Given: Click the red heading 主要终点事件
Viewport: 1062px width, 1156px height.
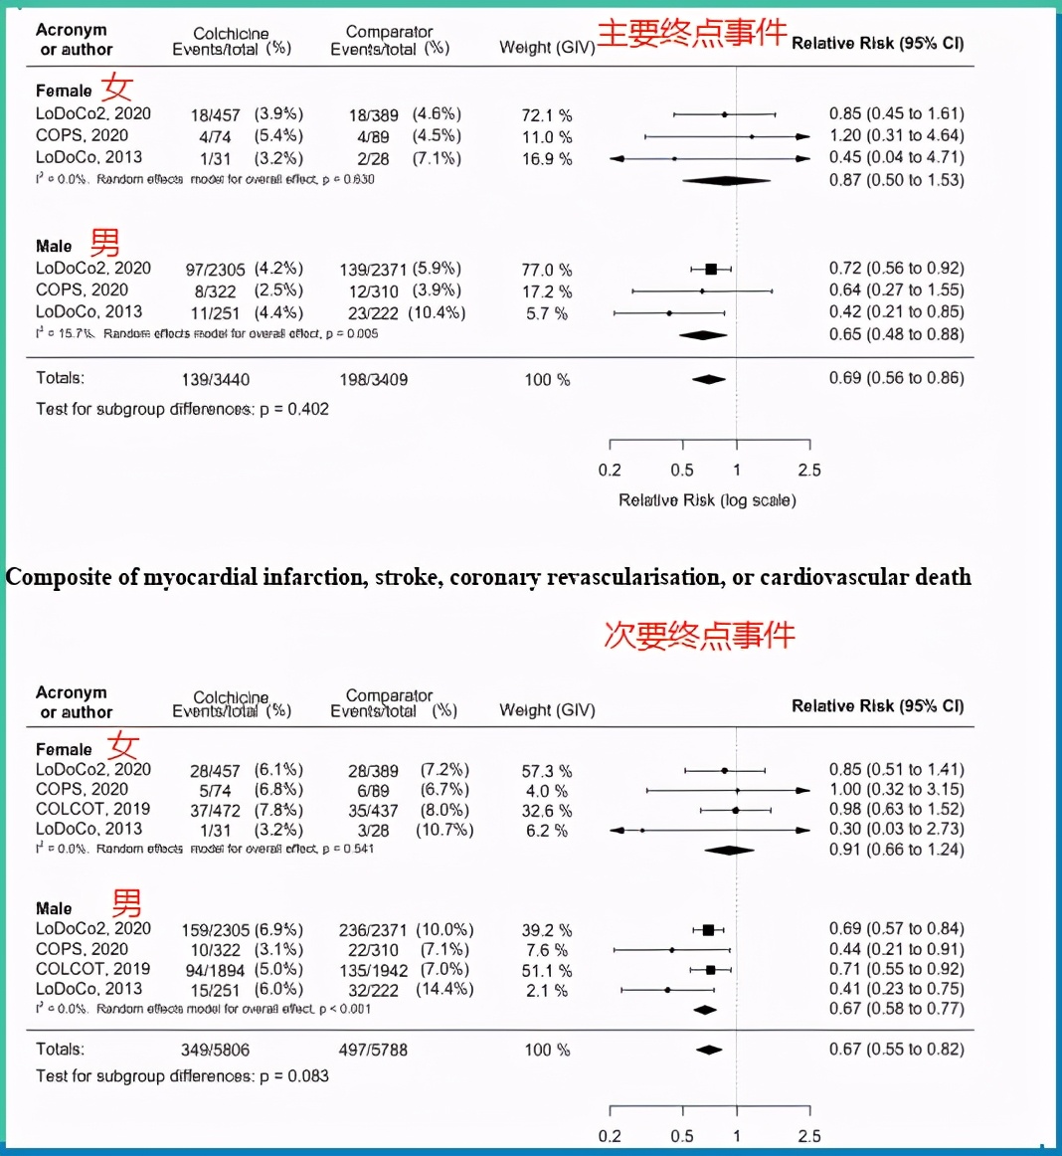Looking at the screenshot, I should (691, 33).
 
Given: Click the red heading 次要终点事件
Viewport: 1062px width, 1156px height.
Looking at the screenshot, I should (699, 635).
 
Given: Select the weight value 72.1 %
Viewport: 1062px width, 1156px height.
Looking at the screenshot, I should (547, 115).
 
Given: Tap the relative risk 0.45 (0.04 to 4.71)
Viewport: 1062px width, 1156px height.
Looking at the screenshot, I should (896, 157).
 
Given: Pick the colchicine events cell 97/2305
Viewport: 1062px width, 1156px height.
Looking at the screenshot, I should (215, 270).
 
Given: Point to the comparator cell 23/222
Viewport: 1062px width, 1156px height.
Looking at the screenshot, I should (374, 313).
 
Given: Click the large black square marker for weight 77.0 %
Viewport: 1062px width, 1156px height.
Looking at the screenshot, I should (711, 269).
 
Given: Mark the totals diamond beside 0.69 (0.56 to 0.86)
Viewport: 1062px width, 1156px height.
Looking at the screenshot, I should (709, 379).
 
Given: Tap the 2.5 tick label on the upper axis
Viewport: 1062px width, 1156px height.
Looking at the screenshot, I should (809, 471).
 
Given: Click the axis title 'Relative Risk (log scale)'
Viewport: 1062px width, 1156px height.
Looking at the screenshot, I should (707, 500).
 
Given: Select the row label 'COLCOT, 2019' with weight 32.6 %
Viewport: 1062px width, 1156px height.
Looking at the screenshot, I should (92, 809).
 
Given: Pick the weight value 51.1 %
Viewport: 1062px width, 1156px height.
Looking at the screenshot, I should (547, 971).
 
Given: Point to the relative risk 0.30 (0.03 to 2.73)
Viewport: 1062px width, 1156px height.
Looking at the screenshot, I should (896, 829).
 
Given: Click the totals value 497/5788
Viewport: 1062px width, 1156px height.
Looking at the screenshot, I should (373, 1050).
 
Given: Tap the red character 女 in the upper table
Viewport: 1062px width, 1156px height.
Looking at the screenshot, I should (117, 87).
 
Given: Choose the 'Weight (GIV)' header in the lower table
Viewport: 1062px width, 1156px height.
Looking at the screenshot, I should (547, 710).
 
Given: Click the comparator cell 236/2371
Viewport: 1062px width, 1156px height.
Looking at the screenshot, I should (373, 930).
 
